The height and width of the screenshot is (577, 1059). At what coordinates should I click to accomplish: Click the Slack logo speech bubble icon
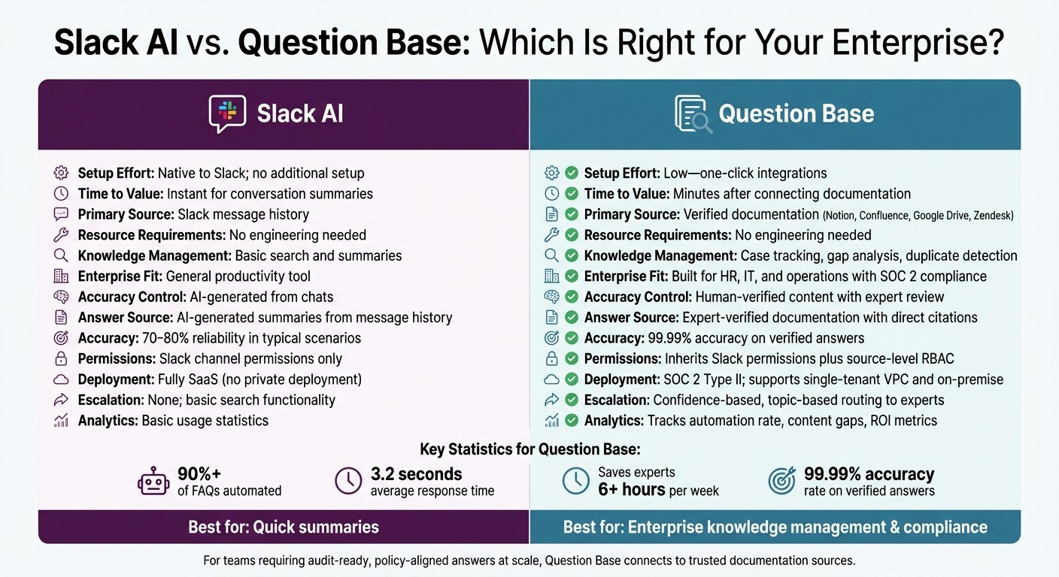click(x=226, y=114)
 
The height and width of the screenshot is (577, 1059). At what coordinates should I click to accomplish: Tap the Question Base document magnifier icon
click(x=692, y=114)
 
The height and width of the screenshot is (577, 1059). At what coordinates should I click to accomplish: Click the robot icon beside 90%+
click(x=153, y=482)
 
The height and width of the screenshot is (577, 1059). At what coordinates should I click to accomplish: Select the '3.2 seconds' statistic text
click(x=416, y=474)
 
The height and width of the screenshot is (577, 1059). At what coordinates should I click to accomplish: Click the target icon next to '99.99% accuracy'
click(x=782, y=482)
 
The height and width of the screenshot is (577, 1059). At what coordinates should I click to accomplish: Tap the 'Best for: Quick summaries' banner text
click(x=284, y=527)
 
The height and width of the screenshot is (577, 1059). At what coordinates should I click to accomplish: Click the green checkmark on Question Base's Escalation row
click(x=572, y=400)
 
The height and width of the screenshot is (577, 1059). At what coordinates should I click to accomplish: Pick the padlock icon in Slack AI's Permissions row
click(x=61, y=359)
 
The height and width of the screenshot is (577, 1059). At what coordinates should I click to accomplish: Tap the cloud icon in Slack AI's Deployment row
click(x=61, y=379)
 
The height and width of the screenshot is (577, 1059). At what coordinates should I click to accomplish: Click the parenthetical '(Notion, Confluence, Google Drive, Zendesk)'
click(x=918, y=215)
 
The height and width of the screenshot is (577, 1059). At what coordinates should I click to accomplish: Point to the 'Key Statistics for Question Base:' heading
click(x=529, y=449)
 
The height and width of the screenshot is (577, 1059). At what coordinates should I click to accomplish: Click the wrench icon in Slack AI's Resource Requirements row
click(x=61, y=235)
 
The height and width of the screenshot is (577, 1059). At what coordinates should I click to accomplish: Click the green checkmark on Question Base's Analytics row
click(x=572, y=420)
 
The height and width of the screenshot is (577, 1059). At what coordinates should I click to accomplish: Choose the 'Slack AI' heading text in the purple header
click(x=300, y=114)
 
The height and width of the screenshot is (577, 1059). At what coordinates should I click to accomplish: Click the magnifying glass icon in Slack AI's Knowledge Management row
click(x=61, y=255)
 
